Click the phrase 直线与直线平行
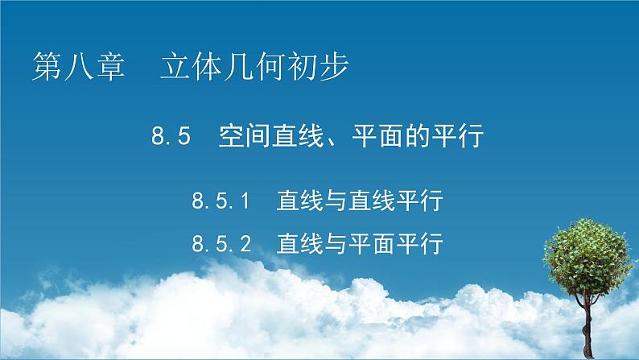[x=360, y=200]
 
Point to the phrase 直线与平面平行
[x=360, y=242]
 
